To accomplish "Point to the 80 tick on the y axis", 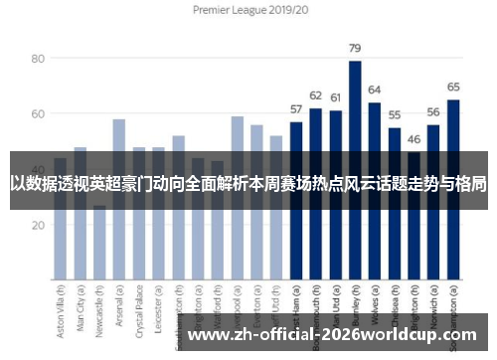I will pos(37,59).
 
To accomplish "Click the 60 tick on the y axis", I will pos(37,114).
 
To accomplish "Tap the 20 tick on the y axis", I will pos(37,225).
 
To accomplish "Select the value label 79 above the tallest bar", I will pos(355,48).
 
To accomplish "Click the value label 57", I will pos(296,109).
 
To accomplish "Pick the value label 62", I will pos(316,95).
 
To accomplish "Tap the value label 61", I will pos(335,98).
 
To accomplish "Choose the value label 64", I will pos(375,90).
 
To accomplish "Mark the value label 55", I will pos(395,115).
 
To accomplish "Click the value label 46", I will pos(414,140).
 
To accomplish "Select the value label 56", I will pos(433,112).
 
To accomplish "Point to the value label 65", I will pos(453,88).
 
